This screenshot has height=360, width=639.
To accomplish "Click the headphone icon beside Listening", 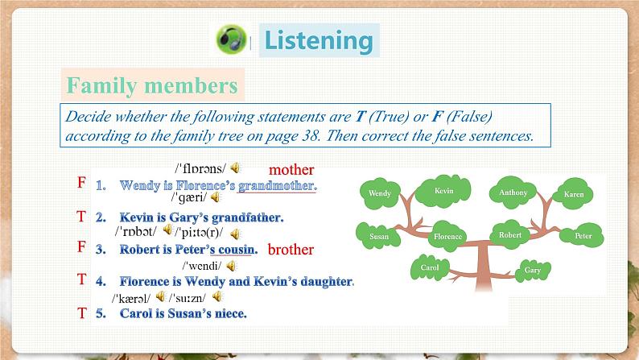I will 232,39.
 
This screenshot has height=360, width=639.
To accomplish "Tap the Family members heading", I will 152,85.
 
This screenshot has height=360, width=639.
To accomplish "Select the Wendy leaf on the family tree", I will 380,193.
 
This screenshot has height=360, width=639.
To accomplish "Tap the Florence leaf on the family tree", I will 447,236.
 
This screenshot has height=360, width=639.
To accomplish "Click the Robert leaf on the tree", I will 510,234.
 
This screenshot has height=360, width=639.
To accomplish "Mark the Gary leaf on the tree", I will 532,270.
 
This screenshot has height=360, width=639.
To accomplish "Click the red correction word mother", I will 291,170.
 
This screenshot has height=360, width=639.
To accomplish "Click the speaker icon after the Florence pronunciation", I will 235,168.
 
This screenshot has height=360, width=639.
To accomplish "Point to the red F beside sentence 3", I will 81,247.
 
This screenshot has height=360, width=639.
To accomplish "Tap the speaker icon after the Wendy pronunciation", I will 231,265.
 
